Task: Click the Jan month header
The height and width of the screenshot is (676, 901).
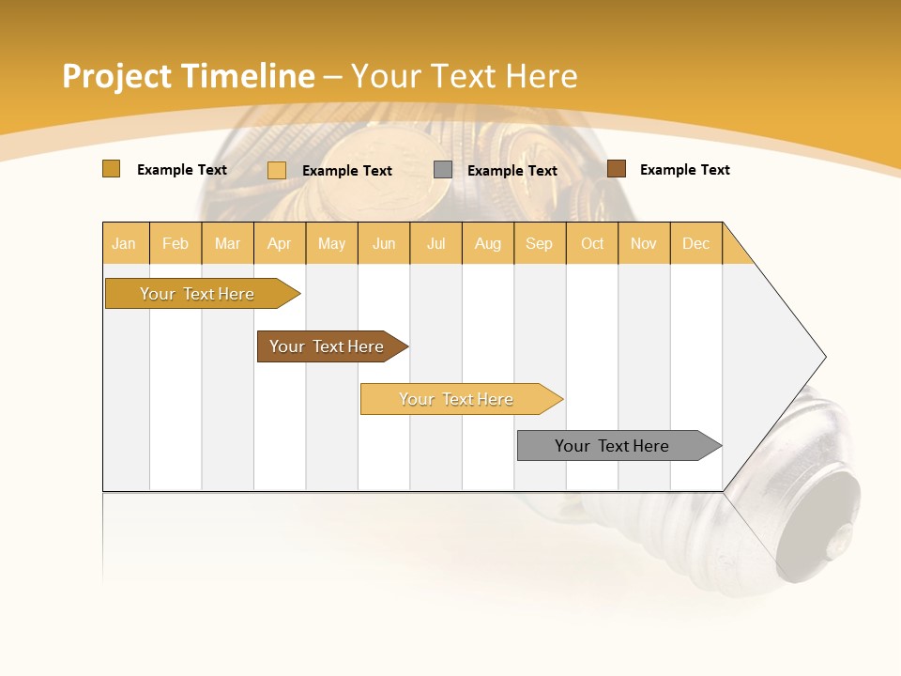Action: click(x=124, y=243)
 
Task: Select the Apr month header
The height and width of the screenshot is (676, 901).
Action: click(x=279, y=243)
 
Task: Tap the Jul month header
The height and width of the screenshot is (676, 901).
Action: click(x=435, y=243)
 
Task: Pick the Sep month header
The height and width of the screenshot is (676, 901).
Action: click(x=539, y=243)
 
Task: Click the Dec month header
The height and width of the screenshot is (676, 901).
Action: click(x=695, y=243)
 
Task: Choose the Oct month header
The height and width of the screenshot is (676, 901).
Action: click(x=592, y=243)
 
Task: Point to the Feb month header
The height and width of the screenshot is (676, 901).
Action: click(x=176, y=243)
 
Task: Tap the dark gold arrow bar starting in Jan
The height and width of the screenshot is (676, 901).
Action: click(x=198, y=294)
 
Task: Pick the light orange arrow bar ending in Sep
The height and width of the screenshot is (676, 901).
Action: click(x=457, y=399)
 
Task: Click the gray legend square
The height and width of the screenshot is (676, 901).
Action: click(x=443, y=170)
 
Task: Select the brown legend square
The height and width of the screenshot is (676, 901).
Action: click(x=616, y=169)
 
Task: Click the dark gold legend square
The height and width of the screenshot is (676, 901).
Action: click(x=111, y=169)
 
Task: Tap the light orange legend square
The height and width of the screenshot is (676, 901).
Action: click(x=277, y=170)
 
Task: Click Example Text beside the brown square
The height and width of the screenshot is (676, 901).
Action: click(x=684, y=170)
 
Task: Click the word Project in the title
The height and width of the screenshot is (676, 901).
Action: click(x=116, y=76)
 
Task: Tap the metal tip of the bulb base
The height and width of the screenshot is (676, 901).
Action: click(x=831, y=535)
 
